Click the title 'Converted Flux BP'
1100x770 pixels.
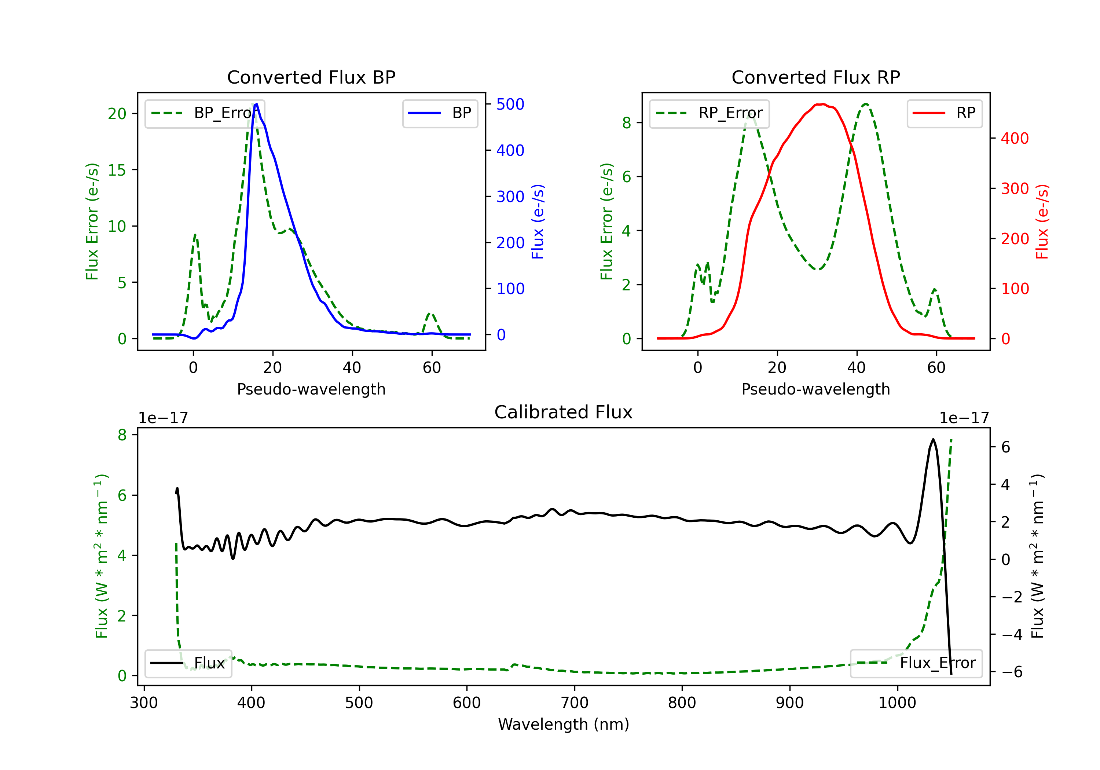pos(311,77)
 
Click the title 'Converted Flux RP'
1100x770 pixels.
pos(815,77)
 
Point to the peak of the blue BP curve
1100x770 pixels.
pos(257,104)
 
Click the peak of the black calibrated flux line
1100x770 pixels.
pos(933,439)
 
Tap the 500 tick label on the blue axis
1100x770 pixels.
pos(510,104)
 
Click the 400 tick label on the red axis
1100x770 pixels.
pos(1015,139)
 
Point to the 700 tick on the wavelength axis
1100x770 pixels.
pos(575,703)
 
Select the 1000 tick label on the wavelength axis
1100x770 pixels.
pos(897,703)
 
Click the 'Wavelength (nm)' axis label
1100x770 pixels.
pos(564,724)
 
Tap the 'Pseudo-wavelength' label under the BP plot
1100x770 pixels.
pos(311,389)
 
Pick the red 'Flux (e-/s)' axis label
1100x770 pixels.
pos(1042,221)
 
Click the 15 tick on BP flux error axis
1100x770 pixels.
pos(117,170)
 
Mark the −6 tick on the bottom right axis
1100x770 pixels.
pos(1012,672)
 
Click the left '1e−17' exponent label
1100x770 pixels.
pos(163,418)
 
